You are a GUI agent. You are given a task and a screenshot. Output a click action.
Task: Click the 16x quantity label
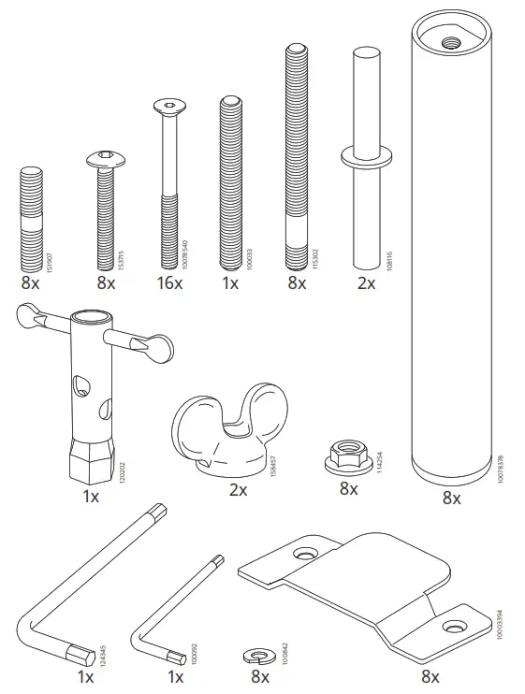pos(169,282)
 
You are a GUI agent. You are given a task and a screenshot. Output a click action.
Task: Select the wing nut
pos(213,431)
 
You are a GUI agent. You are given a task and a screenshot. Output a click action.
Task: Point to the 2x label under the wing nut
pos(238,490)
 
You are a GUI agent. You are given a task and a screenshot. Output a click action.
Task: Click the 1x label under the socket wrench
pos(90,497)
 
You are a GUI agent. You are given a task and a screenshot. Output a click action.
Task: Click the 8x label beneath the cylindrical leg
pos(452,499)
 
